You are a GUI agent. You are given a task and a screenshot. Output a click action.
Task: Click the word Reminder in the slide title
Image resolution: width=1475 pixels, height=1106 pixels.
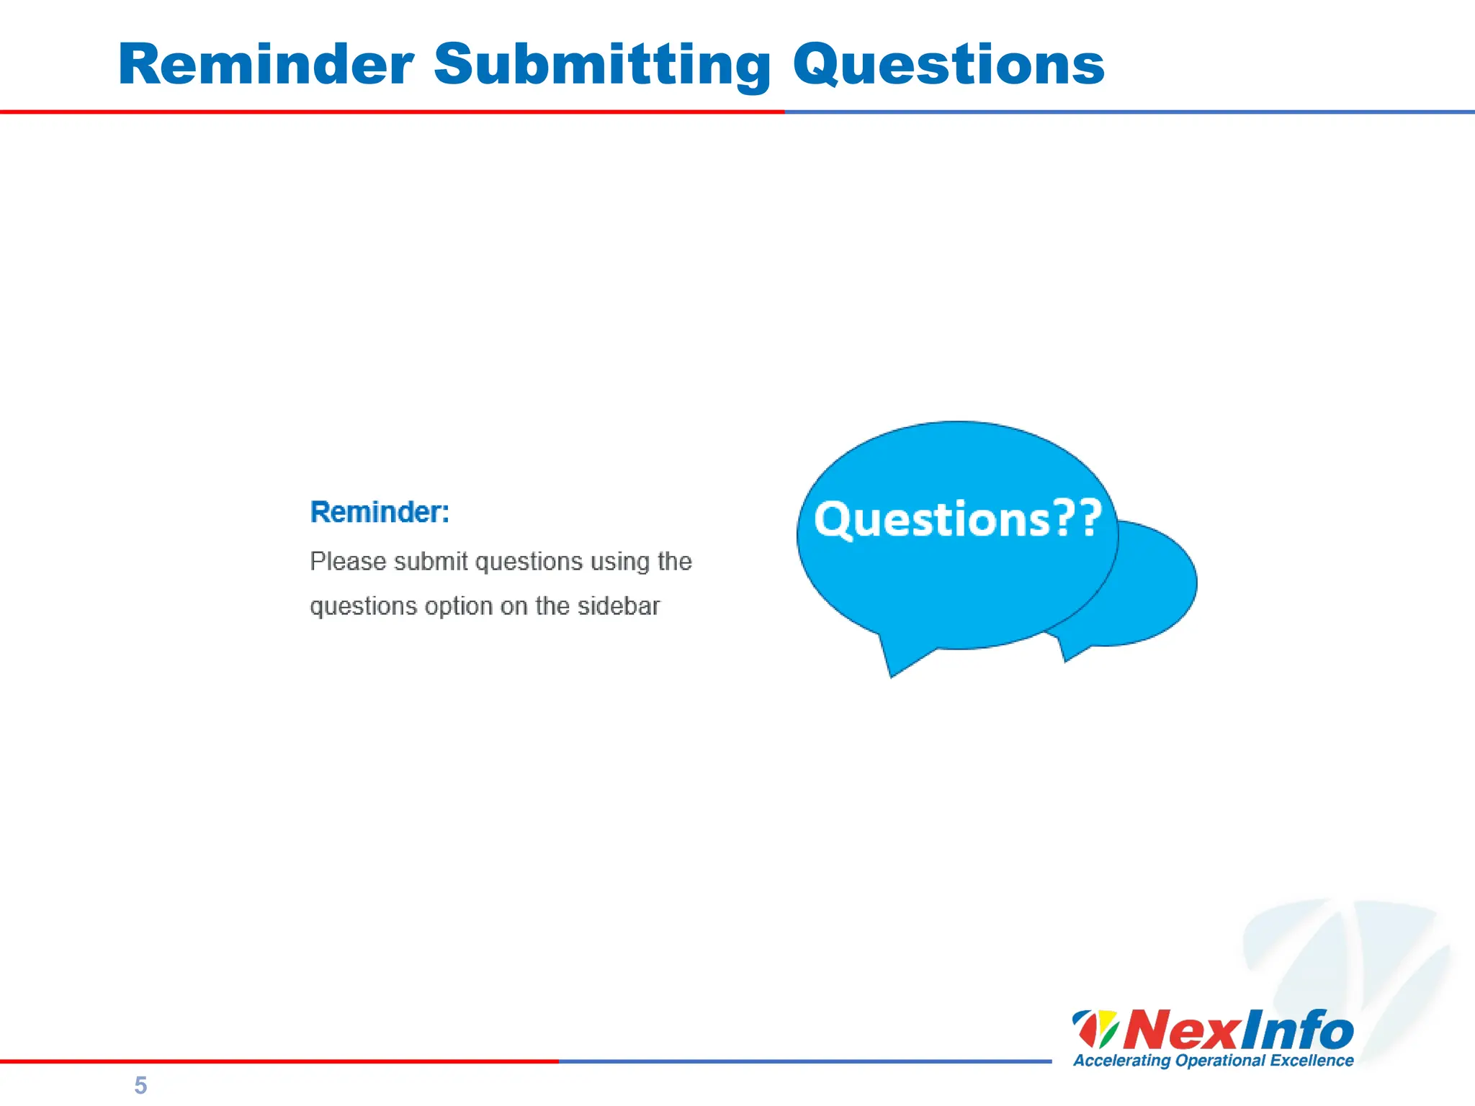pyautogui.click(x=266, y=65)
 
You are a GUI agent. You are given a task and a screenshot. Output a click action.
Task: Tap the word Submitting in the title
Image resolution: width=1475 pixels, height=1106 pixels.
pyautogui.click(x=602, y=65)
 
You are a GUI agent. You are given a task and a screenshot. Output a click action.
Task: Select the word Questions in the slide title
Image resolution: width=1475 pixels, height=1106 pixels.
pyautogui.click(x=949, y=65)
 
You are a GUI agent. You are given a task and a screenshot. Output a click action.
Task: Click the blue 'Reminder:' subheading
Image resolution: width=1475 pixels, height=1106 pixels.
pyautogui.click(x=380, y=512)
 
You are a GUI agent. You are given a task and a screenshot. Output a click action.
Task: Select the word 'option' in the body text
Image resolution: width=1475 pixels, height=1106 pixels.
pyautogui.click(x=458, y=607)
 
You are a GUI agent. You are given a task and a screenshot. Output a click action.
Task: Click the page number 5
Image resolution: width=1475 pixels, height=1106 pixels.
pyautogui.click(x=140, y=1085)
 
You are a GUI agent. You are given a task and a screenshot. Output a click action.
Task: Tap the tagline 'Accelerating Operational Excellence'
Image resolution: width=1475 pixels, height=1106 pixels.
pyautogui.click(x=1213, y=1061)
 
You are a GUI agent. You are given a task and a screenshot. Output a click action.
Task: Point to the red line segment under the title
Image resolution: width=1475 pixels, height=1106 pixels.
pyautogui.click(x=392, y=112)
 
